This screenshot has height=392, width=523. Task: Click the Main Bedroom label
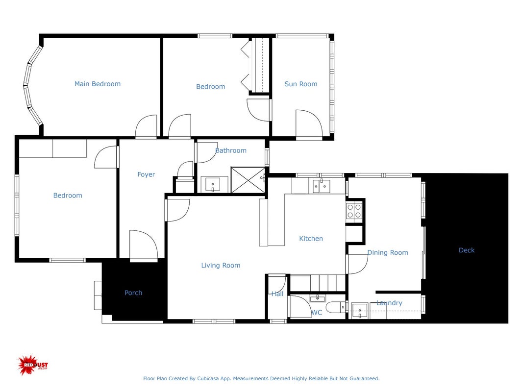pos(98,84)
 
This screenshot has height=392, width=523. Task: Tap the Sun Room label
pos(301,84)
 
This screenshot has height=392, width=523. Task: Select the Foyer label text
pos(146,174)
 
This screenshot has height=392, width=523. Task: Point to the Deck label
pos(466,250)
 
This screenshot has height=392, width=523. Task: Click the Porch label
pos(133,293)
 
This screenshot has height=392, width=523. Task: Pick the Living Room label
pos(221,265)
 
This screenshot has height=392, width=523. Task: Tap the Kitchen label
pos(311,238)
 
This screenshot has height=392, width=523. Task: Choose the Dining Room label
pos(388,253)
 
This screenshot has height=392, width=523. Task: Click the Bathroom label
pos(231,150)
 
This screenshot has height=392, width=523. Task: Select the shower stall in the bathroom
pos(248,180)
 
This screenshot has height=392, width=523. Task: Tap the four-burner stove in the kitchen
pos(354,211)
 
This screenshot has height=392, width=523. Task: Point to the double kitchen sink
pos(322,186)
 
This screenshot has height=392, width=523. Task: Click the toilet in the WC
pos(336,307)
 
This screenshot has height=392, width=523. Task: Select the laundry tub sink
pos(360,311)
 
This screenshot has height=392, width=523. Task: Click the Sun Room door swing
pos(309,123)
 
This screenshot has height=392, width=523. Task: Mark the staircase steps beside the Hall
pos(318,283)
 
